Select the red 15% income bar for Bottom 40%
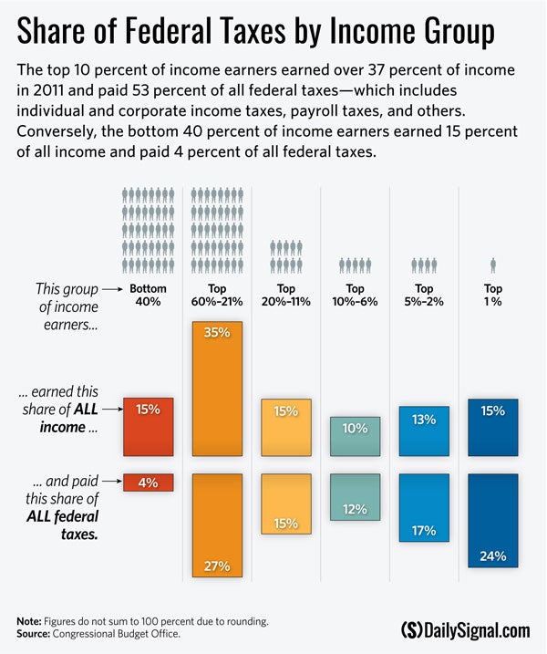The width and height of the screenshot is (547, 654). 149,426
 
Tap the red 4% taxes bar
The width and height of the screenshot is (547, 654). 149,483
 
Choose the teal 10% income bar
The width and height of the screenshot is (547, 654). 355,436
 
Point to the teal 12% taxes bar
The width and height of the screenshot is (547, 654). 355,497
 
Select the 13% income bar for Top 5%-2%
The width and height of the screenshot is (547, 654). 424,431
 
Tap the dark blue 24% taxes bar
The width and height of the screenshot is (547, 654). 492,521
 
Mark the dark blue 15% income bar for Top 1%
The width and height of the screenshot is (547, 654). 492,427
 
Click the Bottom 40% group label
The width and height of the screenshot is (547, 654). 149,295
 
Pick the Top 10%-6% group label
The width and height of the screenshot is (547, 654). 355,295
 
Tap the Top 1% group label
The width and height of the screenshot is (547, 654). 492,295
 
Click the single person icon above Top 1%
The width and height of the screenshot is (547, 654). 492,265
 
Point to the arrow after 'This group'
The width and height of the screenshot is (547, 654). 108,289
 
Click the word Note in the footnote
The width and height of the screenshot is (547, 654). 29,620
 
